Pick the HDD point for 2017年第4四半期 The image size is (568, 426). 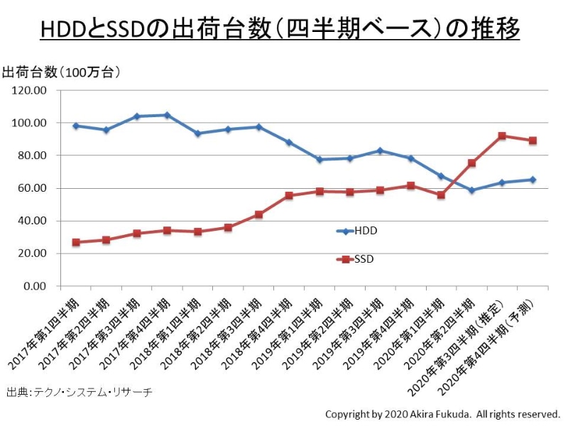coord(167,115)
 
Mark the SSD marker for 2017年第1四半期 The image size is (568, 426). coord(76,242)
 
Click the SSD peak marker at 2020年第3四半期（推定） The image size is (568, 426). coord(502,136)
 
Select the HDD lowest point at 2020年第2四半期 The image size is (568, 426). coord(471,190)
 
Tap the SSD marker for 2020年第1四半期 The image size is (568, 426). coord(441,195)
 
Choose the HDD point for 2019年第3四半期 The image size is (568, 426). coord(381,151)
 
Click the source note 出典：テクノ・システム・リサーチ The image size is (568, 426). coord(79,392)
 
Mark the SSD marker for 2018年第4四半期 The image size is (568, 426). coord(289,195)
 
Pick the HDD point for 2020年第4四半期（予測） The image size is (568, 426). coord(532,180)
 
